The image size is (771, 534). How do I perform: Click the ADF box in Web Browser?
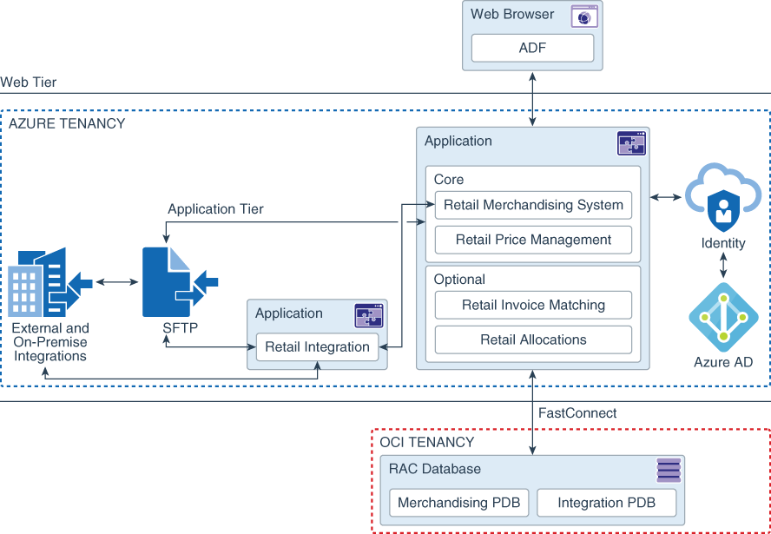[532, 48]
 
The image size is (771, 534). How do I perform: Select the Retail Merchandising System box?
[533, 206]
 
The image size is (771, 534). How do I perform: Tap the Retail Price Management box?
[533, 240]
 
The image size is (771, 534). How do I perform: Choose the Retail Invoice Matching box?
[533, 305]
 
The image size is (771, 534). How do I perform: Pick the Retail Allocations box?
[533, 340]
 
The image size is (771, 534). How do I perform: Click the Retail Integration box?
[317, 346]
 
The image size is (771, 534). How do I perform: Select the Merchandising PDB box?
[458, 503]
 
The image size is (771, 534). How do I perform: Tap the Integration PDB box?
[606, 503]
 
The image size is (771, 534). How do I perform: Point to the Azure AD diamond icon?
[723, 317]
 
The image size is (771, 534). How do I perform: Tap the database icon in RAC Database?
[669, 471]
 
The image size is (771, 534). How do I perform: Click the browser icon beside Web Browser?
[583, 17]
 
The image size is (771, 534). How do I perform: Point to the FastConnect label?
[577, 413]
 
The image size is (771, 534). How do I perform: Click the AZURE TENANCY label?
[67, 123]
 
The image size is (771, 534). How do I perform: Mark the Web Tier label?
[29, 82]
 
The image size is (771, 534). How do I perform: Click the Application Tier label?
[215, 209]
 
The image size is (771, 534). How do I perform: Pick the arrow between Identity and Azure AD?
[723, 267]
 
